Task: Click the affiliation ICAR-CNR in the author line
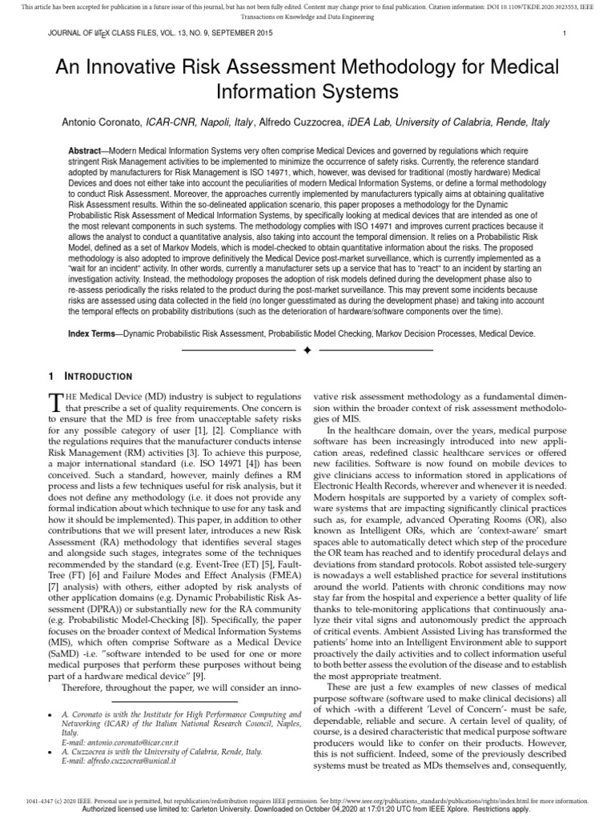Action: point(173,122)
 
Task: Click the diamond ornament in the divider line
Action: point(307,350)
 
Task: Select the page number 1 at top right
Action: point(565,33)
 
